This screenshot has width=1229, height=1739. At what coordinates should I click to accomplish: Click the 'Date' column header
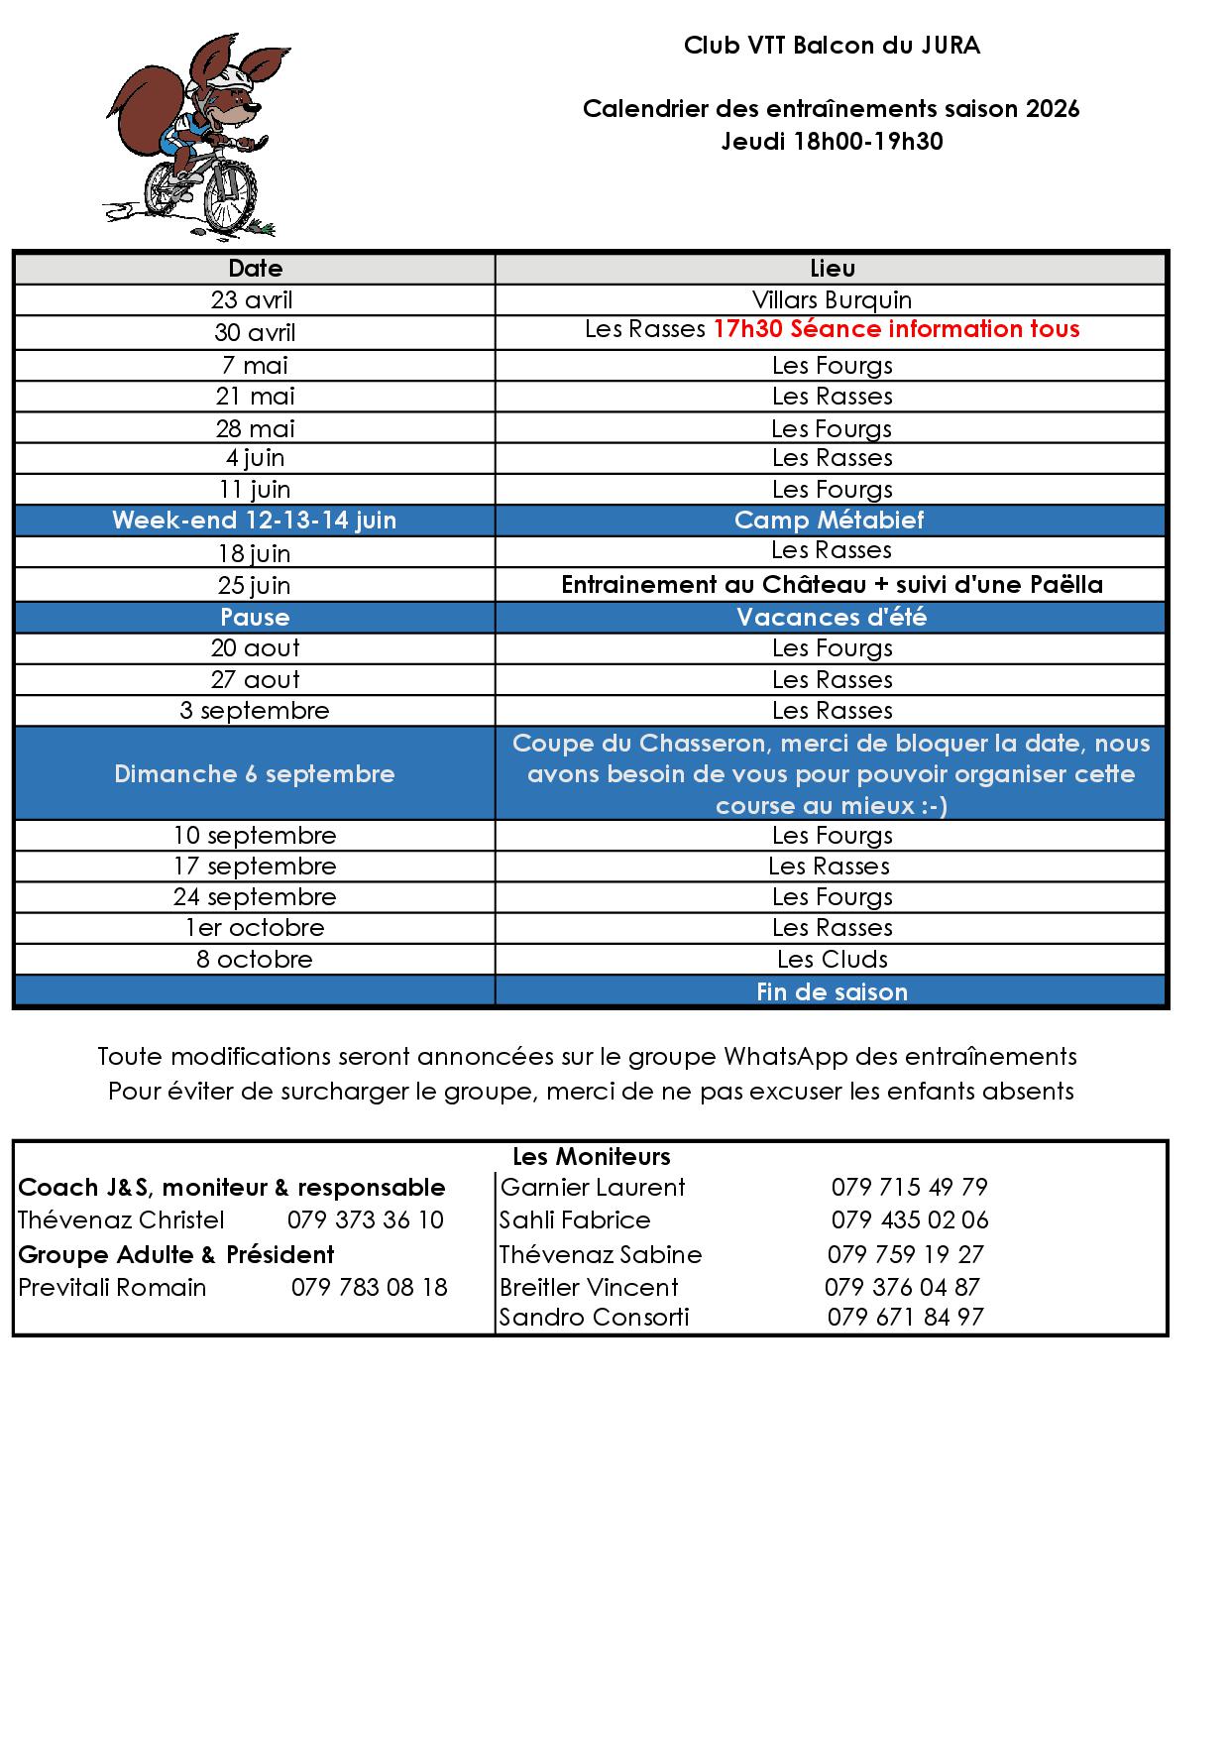point(255,269)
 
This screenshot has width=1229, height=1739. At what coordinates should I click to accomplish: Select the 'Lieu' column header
point(832,269)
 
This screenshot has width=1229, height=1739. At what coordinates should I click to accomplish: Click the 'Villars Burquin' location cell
point(832,299)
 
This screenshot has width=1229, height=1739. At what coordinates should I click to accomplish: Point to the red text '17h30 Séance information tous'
point(896,329)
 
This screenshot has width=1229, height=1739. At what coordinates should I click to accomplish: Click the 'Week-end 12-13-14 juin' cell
point(255,520)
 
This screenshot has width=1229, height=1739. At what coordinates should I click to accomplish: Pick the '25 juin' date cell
point(255,585)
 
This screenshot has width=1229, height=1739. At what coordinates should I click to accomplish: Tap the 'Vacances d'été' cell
point(832,617)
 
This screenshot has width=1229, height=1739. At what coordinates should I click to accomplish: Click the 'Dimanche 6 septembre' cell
point(255,773)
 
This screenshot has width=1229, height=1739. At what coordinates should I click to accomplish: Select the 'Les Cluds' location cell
point(832,959)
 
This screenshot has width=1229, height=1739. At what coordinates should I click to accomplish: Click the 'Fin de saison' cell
point(832,991)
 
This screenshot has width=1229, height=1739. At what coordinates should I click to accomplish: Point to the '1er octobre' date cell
point(255,927)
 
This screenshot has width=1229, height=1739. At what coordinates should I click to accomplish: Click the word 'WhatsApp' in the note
point(785,1056)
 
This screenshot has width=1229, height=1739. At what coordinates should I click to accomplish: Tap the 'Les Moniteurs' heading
point(592,1156)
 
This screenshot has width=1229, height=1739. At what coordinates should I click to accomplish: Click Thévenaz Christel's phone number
point(366,1219)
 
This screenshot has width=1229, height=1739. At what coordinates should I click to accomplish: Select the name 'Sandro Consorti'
point(595,1317)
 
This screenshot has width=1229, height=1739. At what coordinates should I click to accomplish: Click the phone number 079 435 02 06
point(910,1219)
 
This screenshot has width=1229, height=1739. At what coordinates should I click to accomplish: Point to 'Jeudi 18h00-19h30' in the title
point(832,141)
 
